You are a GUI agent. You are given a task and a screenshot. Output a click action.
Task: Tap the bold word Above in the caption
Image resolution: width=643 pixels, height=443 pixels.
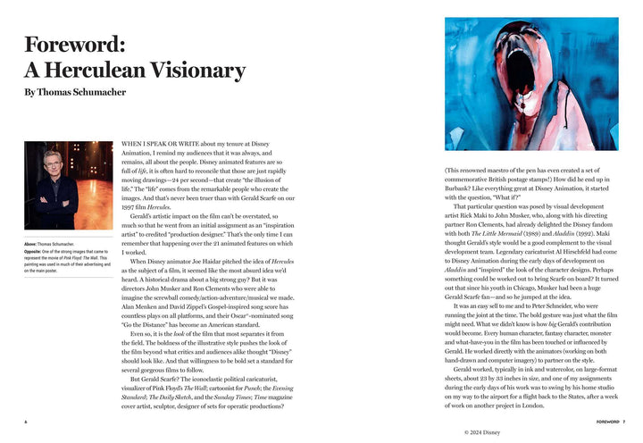pos(30,244)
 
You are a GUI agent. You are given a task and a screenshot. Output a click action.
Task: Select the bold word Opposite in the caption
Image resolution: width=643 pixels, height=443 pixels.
pos(32,252)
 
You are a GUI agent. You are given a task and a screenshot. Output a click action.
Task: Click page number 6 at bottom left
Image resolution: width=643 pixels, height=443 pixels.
pos(26,421)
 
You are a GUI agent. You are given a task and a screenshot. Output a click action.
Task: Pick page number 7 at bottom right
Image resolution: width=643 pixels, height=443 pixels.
pos(624,421)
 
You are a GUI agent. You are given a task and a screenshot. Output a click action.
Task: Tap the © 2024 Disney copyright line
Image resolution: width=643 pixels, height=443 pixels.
pos(490,432)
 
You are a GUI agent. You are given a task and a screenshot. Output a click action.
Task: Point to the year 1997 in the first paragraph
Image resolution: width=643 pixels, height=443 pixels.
pos(130,204)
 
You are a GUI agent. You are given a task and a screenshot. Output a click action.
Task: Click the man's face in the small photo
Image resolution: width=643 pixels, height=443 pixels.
pos(54,162)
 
